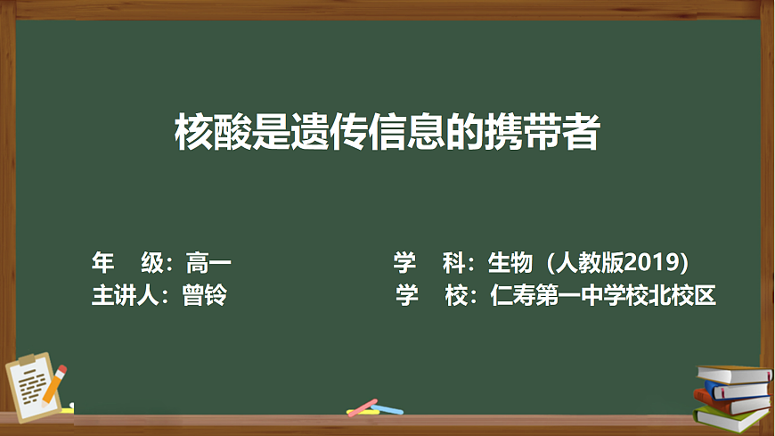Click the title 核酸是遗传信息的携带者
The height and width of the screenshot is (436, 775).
pos(387,136)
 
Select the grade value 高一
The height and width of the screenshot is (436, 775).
pos(208,263)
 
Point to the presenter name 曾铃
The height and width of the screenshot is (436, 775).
pos(204,295)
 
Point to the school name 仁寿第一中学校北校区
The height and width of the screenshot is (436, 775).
pos(604,295)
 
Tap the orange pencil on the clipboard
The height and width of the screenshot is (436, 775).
pos(55,383)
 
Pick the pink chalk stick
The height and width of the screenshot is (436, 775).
pos(363,407)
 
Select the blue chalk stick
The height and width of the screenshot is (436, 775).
pos(389,410)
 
